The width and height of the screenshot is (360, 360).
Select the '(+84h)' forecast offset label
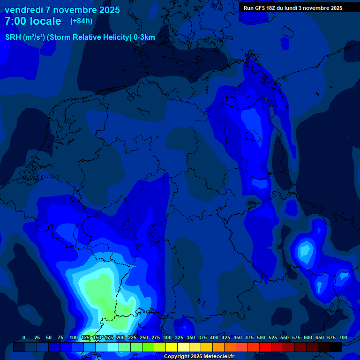click(x=81, y=21)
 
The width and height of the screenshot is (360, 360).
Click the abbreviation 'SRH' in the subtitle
click(x=13, y=37)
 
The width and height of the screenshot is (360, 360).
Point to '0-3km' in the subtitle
click(x=144, y=37)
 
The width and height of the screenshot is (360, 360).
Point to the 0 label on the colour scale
click(x=24, y=337)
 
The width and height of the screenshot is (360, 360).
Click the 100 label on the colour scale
click(x=74, y=337)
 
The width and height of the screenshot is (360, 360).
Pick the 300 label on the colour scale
click(x=167, y=337)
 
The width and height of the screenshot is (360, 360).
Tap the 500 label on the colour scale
click(x=261, y=337)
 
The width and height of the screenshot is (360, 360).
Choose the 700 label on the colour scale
click(x=343, y=337)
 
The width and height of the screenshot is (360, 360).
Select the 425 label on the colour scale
click(x=226, y=337)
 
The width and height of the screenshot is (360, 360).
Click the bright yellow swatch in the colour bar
click(x=172, y=347)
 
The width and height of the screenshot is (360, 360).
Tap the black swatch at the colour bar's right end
click(x=336, y=347)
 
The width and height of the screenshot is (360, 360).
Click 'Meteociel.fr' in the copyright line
click(x=218, y=357)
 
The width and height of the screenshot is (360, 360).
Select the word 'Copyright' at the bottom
click(x=177, y=357)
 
